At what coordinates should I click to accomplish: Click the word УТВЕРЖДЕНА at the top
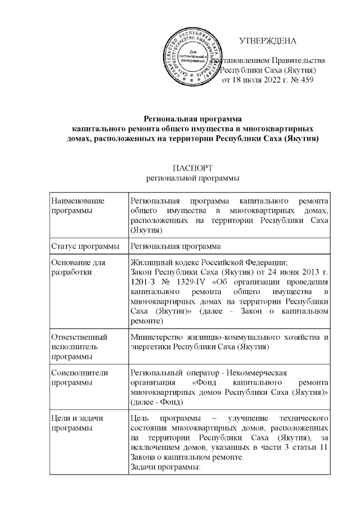pyautogui.click(x=267, y=40)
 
